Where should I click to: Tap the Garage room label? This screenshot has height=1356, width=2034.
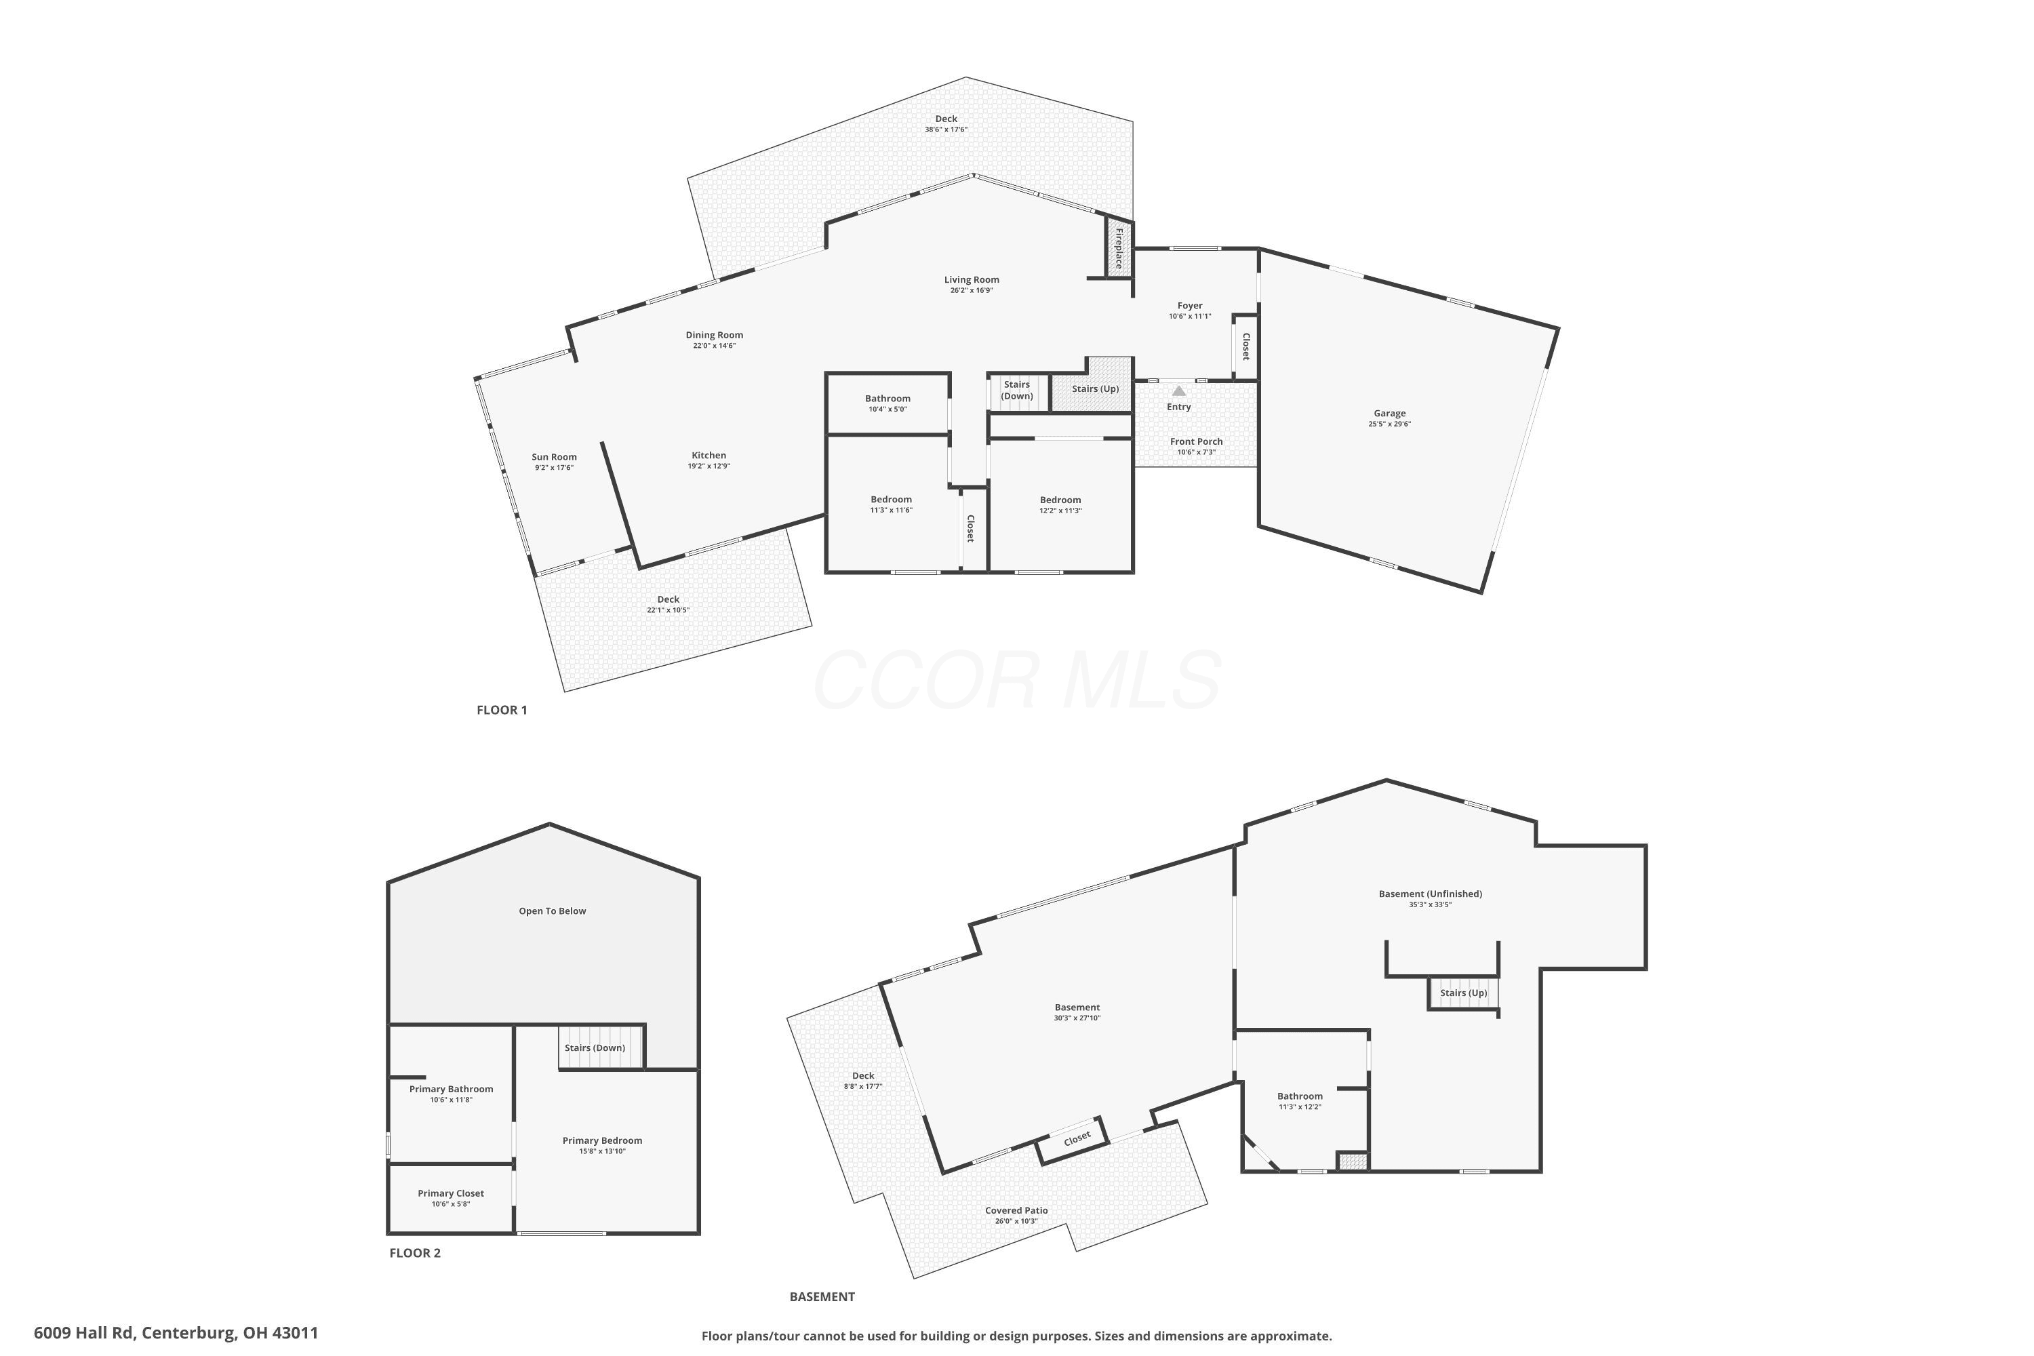1390,414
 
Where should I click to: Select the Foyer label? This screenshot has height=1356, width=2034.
1190,305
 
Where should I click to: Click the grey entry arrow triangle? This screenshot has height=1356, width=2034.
1179,391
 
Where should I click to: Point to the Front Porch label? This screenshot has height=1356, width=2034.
1197,441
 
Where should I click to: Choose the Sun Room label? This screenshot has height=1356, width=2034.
555,456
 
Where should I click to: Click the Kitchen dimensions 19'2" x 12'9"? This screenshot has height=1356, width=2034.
709,466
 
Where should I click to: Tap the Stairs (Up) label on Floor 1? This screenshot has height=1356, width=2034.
1096,388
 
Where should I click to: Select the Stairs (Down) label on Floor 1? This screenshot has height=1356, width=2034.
1017,390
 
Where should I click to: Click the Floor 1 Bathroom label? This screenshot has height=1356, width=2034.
888,399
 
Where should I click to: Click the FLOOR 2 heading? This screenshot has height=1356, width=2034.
415,1252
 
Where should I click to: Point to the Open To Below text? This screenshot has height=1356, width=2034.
553,911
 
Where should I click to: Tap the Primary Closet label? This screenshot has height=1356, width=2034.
451,1193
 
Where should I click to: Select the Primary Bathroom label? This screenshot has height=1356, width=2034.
452,1089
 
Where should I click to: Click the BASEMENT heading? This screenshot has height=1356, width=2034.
822,1296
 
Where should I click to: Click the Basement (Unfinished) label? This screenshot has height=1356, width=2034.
1431,894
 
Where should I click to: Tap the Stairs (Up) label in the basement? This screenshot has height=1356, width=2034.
1463,993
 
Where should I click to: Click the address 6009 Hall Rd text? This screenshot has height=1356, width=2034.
85,1333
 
